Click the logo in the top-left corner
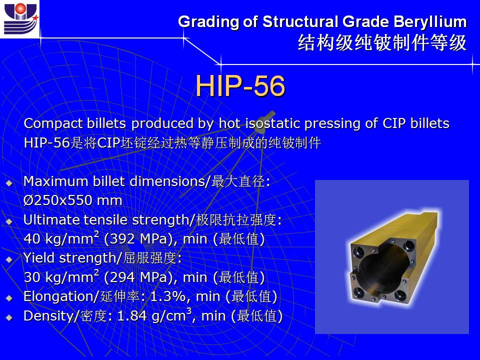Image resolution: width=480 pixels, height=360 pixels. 20,18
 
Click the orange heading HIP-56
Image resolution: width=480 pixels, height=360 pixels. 240,85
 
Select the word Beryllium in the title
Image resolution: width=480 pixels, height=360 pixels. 430,22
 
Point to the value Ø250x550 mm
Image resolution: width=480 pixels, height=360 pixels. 73,200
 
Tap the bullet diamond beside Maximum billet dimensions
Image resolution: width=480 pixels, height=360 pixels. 9,183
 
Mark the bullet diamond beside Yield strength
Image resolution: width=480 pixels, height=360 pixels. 9,259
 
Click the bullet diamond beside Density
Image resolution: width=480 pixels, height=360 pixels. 9,317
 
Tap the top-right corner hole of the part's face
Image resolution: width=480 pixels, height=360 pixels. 409,245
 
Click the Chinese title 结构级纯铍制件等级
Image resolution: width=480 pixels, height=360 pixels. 382,43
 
